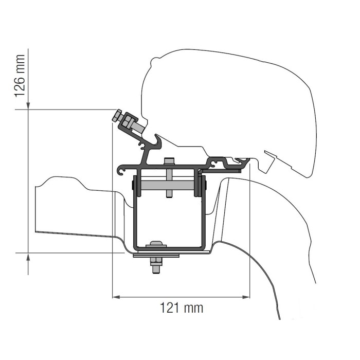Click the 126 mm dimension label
19,80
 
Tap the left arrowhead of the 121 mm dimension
116,297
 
